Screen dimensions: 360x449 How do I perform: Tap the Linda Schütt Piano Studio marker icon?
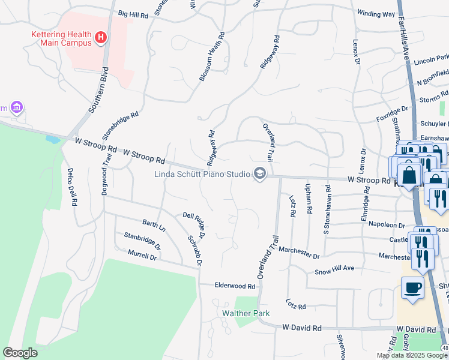259,174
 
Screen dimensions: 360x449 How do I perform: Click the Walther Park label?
246,313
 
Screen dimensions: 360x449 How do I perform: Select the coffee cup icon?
412,288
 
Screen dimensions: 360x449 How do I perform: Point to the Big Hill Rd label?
133,13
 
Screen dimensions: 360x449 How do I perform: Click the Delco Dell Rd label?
71,187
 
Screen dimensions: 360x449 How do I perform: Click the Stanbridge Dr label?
142,241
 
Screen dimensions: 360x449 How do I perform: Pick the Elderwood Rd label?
235,286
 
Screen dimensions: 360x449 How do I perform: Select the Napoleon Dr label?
388,224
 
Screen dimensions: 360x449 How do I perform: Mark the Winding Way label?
376,13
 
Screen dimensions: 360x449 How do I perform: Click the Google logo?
20,353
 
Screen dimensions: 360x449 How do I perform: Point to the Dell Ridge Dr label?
194,223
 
